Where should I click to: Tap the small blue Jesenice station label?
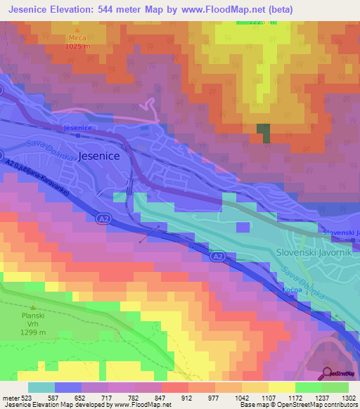click(x=77, y=128)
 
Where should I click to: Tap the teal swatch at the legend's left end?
click(x=41, y=387)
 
